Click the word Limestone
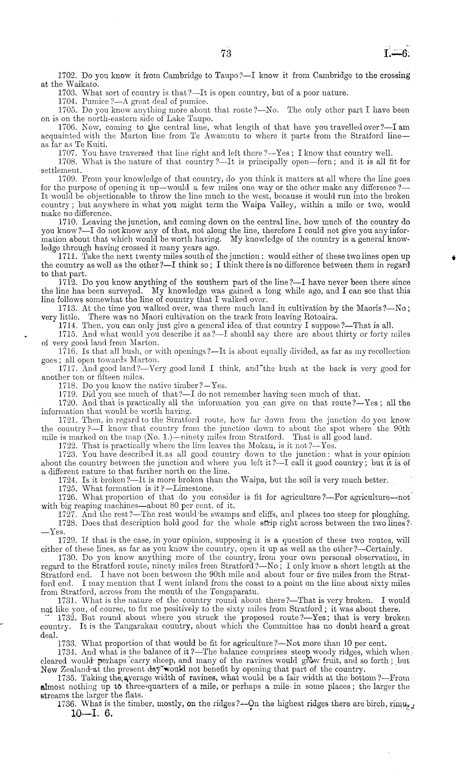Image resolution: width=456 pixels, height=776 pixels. click(x=193, y=489)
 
